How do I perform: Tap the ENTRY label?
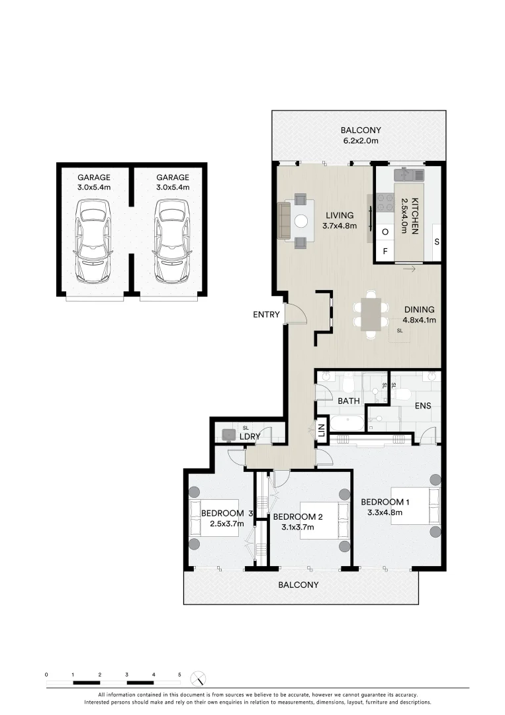267,314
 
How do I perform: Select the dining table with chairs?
371,313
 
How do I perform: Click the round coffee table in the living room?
301,221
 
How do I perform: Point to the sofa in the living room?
283,221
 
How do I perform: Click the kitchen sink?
409,175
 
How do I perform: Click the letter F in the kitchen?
385,252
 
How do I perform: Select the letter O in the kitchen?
385,232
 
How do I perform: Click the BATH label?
349,401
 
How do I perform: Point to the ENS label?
423,405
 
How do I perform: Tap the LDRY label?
249,437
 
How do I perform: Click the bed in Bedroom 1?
414,506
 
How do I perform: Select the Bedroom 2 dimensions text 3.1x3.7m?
297,528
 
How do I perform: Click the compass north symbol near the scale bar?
198,679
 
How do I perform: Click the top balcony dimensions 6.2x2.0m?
360,141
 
